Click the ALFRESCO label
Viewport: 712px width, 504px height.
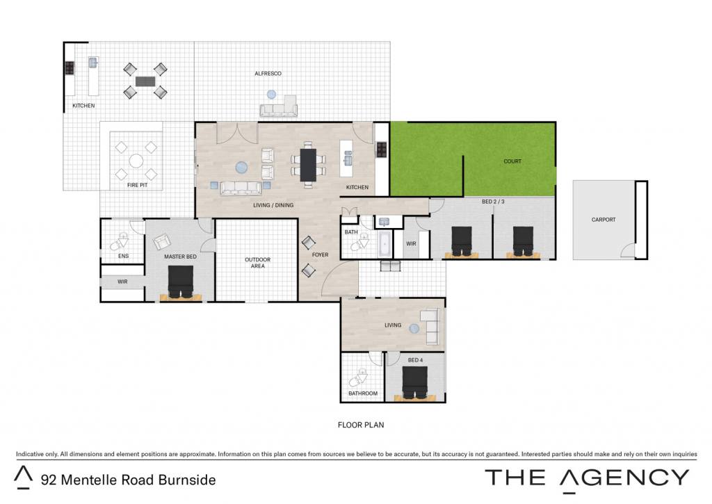pos(268,74)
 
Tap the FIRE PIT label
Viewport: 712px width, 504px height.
pos(137,185)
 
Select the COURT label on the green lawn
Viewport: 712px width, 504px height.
pos(512,161)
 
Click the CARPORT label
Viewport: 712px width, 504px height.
pos(604,220)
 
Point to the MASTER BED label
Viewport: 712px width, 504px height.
pos(180,257)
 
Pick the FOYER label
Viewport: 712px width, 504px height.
pos(320,255)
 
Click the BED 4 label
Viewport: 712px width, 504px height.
pos(415,360)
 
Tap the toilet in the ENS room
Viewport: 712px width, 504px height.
pos(120,242)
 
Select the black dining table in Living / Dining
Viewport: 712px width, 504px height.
pos(308,165)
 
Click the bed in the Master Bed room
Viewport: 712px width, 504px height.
pos(181,282)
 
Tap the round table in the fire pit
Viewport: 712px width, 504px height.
pos(136,161)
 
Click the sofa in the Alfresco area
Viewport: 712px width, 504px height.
pos(278,107)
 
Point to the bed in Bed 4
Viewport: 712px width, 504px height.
pos(415,383)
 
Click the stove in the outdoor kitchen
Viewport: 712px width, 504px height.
pos(70,68)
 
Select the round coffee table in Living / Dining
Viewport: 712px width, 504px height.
pos(241,168)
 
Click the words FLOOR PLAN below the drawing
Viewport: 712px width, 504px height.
pos(361,425)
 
